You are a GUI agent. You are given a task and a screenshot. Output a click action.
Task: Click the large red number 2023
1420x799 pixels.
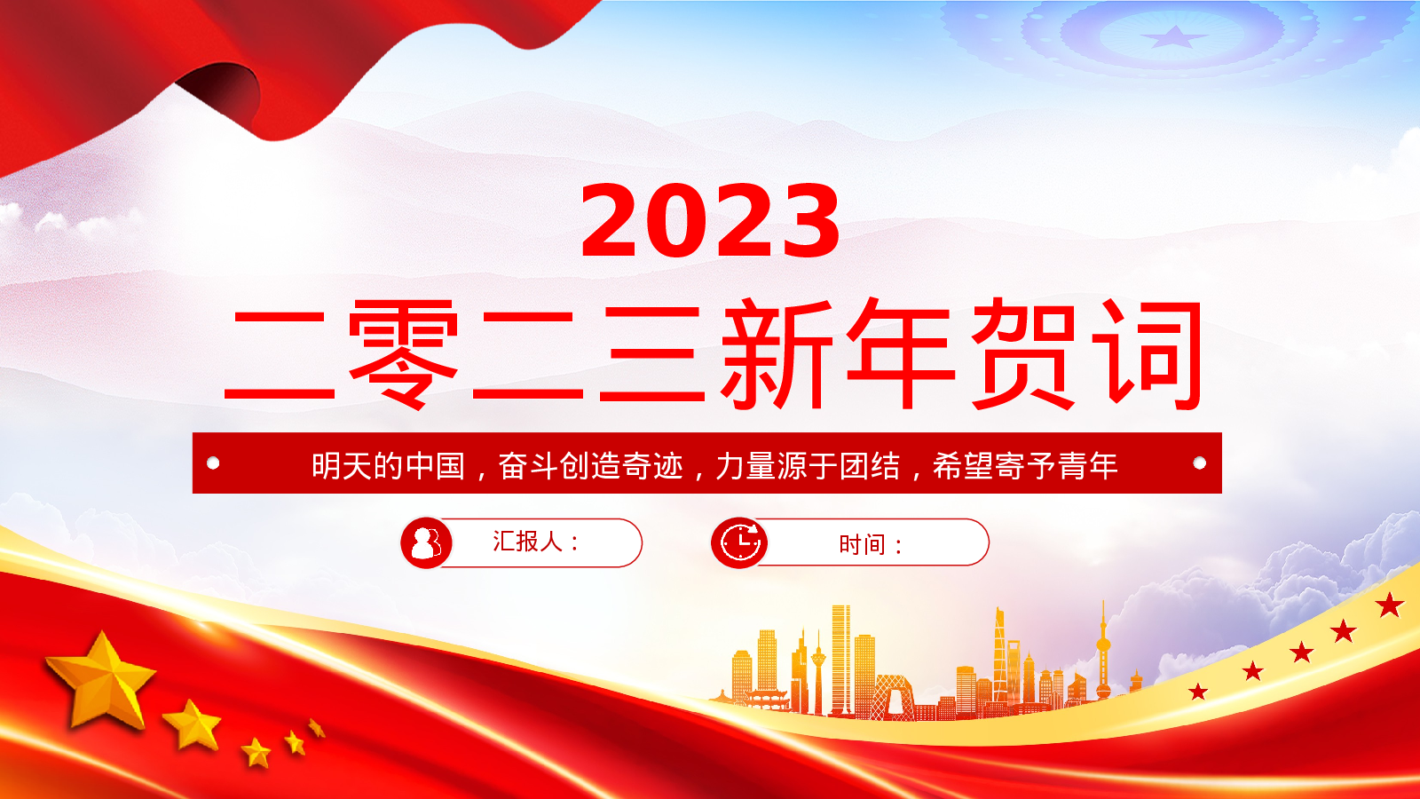pyautogui.click(x=710, y=220)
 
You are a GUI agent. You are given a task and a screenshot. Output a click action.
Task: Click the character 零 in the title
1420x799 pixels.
pyautogui.click(x=403, y=354)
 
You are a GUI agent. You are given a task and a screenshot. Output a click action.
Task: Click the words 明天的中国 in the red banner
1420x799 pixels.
pyautogui.click(x=388, y=465)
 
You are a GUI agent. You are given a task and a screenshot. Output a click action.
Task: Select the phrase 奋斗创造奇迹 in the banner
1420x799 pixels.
pyautogui.click(x=591, y=465)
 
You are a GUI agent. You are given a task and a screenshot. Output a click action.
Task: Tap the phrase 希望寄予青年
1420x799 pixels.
pyautogui.click(x=1024, y=465)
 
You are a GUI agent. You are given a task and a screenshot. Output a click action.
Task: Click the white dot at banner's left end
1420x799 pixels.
pyautogui.click(x=213, y=463)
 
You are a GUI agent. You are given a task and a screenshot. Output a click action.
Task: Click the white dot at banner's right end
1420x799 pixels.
pyautogui.click(x=1199, y=463)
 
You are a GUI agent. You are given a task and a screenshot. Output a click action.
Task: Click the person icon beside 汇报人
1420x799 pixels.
pyautogui.click(x=426, y=542)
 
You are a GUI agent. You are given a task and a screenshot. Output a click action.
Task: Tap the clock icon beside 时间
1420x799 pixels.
pyautogui.click(x=739, y=542)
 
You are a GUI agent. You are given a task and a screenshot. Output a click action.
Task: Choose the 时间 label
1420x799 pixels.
pyautogui.click(x=862, y=544)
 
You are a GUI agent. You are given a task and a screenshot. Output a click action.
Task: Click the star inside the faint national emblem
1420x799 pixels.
pyautogui.click(x=1175, y=36)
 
